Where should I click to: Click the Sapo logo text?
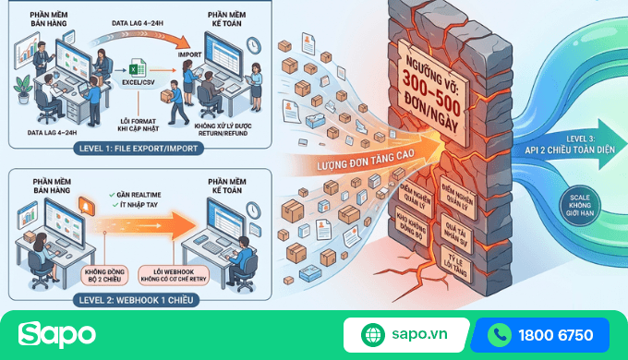(56, 334)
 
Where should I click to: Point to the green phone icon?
(500, 335)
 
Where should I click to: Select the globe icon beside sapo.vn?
(372, 335)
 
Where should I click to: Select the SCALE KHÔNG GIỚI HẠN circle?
(581, 203)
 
